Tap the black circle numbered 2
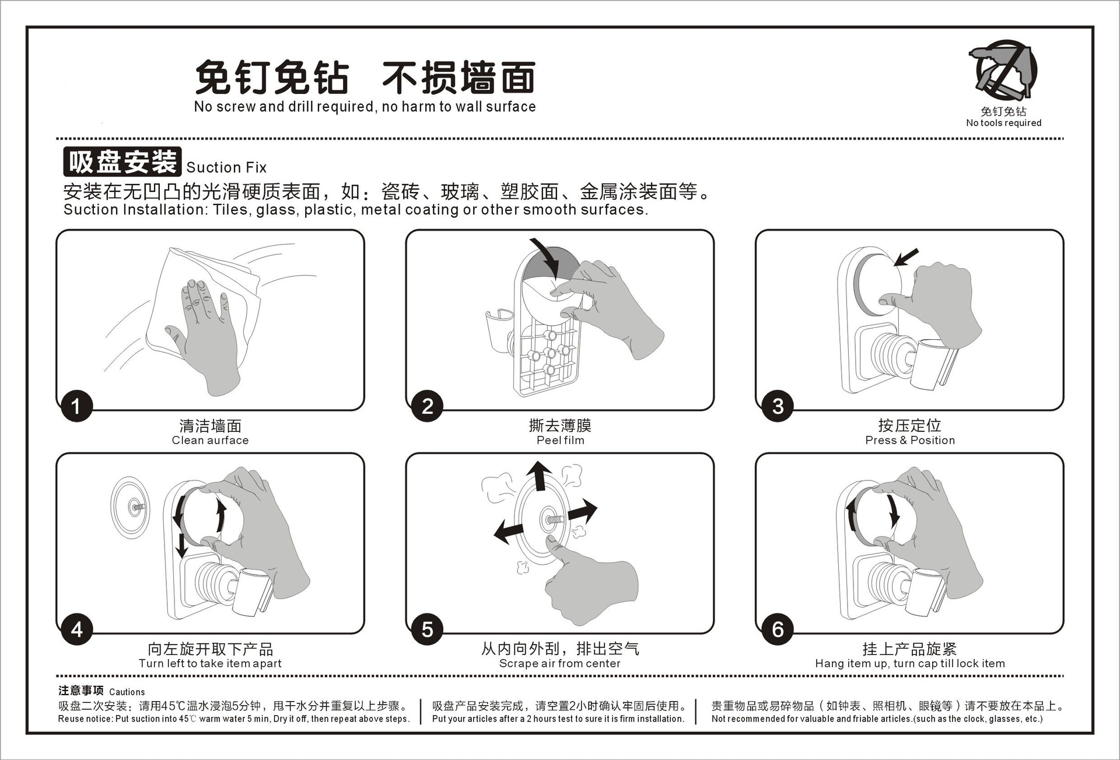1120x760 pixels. point(427,406)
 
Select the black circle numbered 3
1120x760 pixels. point(777,406)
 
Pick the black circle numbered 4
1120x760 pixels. point(76,629)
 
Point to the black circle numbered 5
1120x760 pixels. point(427,629)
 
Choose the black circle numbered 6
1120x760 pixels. point(777,629)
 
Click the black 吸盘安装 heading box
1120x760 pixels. point(123,162)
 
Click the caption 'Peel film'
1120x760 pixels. point(560,441)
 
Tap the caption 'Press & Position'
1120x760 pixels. point(909,441)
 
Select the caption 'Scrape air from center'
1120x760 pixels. point(559,664)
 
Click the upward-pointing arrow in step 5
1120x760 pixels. point(540,475)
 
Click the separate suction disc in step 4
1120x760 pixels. point(131,507)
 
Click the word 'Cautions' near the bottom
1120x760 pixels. point(127,692)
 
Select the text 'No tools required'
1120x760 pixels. point(1003,123)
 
